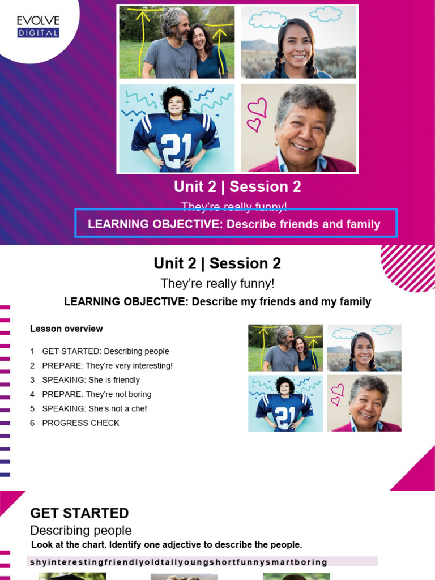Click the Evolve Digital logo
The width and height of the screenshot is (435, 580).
[x=38, y=27]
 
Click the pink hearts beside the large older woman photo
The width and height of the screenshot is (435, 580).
[x=258, y=114]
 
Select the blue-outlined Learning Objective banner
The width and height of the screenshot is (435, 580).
[x=236, y=224]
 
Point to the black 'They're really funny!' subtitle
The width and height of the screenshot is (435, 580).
[x=217, y=283]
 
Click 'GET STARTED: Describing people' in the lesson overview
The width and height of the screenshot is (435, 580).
[x=105, y=351]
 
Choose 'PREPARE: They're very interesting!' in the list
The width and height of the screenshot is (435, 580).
[x=107, y=366]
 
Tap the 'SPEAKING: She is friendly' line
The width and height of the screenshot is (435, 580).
[x=91, y=380]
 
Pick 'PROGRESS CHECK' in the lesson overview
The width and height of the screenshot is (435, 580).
[x=80, y=423]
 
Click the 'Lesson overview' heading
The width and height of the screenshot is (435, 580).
[x=66, y=329]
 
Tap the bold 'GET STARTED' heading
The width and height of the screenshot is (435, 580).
[x=79, y=513]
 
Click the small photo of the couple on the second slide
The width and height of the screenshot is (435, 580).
[x=285, y=348]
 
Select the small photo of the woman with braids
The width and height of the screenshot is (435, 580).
[x=364, y=348]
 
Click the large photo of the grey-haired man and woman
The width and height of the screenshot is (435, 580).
[x=177, y=42]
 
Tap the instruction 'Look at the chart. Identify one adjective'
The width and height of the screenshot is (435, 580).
[x=167, y=545]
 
